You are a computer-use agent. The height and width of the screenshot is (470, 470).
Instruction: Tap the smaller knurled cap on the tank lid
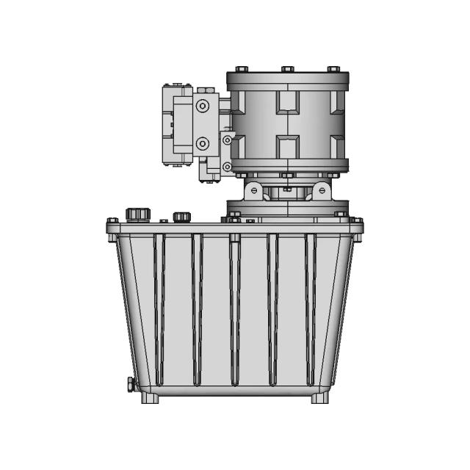[x=181, y=217]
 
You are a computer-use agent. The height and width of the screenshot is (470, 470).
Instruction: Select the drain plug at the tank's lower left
[x=130, y=383]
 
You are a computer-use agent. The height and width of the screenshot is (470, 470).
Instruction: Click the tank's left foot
[x=151, y=398]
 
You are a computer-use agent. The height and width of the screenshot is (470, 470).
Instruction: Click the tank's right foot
[x=319, y=398]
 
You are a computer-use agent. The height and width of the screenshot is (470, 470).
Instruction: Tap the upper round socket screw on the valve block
[x=202, y=106]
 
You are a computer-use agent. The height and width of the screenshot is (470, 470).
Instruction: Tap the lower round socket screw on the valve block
[x=202, y=143]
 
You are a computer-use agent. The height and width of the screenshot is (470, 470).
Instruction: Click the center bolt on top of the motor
[x=287, y=70]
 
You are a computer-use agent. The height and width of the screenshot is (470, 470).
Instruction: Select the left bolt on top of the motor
[x=242, y=70]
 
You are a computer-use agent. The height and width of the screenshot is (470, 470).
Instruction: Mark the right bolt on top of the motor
[x=333, y=70]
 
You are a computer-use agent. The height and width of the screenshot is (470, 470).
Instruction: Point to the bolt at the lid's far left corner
[x=112, y=221]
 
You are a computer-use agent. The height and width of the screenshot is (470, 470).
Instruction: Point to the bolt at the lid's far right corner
[x=357, y=221]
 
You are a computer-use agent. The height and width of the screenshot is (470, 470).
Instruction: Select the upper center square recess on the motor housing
[x=287, y=101]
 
